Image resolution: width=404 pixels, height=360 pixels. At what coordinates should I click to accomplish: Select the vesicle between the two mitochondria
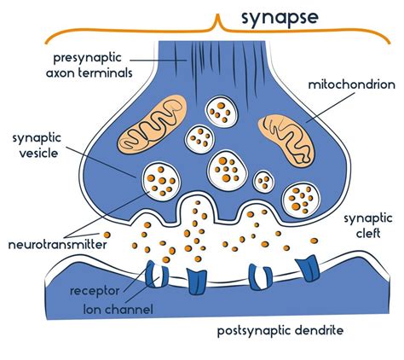click(202, 137)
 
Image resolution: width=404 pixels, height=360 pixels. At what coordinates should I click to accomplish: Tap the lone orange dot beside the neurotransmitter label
click(107, 235)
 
